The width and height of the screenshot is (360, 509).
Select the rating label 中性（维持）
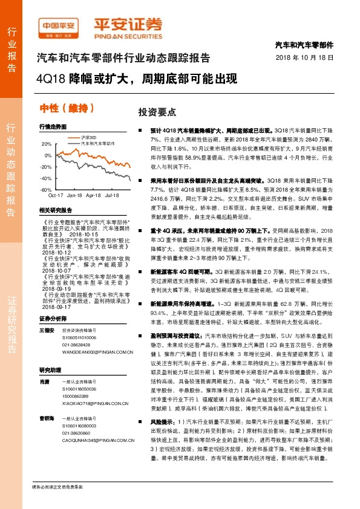pos(67,108)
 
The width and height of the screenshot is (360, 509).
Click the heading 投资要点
pos(157,112)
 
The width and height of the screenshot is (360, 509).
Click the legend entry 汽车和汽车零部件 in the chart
pos(98,144)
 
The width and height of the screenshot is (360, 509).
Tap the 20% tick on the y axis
pos(46,144)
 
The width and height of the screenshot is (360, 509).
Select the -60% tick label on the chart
pos(46,190)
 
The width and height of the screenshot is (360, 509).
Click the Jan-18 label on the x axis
pos(75,196)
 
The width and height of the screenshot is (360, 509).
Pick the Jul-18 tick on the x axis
pos(112,196)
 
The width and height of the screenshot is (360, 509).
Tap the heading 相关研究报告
pos(55,210)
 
